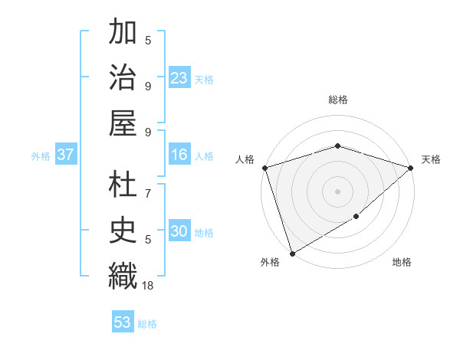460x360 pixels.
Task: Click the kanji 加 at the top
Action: [123, 35]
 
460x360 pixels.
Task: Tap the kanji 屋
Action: [123, 123]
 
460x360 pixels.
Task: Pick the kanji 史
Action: [123, 231]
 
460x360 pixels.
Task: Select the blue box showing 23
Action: [179, 77]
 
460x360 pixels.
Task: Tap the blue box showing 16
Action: [179, 155]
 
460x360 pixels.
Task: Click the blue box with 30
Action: [179, 231]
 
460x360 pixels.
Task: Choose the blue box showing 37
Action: [66, 155]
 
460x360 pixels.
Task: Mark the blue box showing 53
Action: [123, 322]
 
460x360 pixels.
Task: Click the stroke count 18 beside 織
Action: [148, 285]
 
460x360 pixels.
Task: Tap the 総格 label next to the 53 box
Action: [147, 324]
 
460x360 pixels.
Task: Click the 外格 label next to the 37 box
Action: [41, 156]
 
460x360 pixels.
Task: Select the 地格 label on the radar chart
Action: [402, 262]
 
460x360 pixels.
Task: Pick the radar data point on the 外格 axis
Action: [292, 253]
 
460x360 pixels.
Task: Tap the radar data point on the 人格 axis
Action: [264, 168]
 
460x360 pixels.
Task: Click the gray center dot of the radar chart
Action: [337, 191]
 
